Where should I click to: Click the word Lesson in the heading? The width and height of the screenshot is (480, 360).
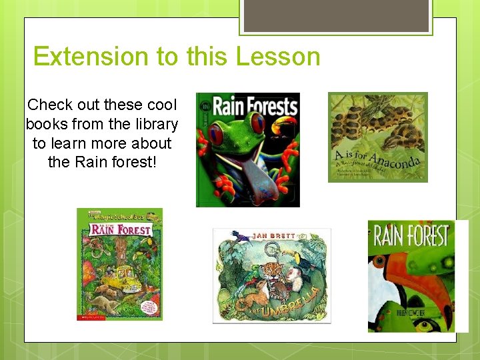point(278,57)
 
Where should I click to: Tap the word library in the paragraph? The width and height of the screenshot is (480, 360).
point(154,125)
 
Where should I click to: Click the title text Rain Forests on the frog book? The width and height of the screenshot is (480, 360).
point(253,107)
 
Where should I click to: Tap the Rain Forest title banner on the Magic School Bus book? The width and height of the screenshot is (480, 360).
point(120,231)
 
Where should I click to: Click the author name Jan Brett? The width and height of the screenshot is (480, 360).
point(271,235)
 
